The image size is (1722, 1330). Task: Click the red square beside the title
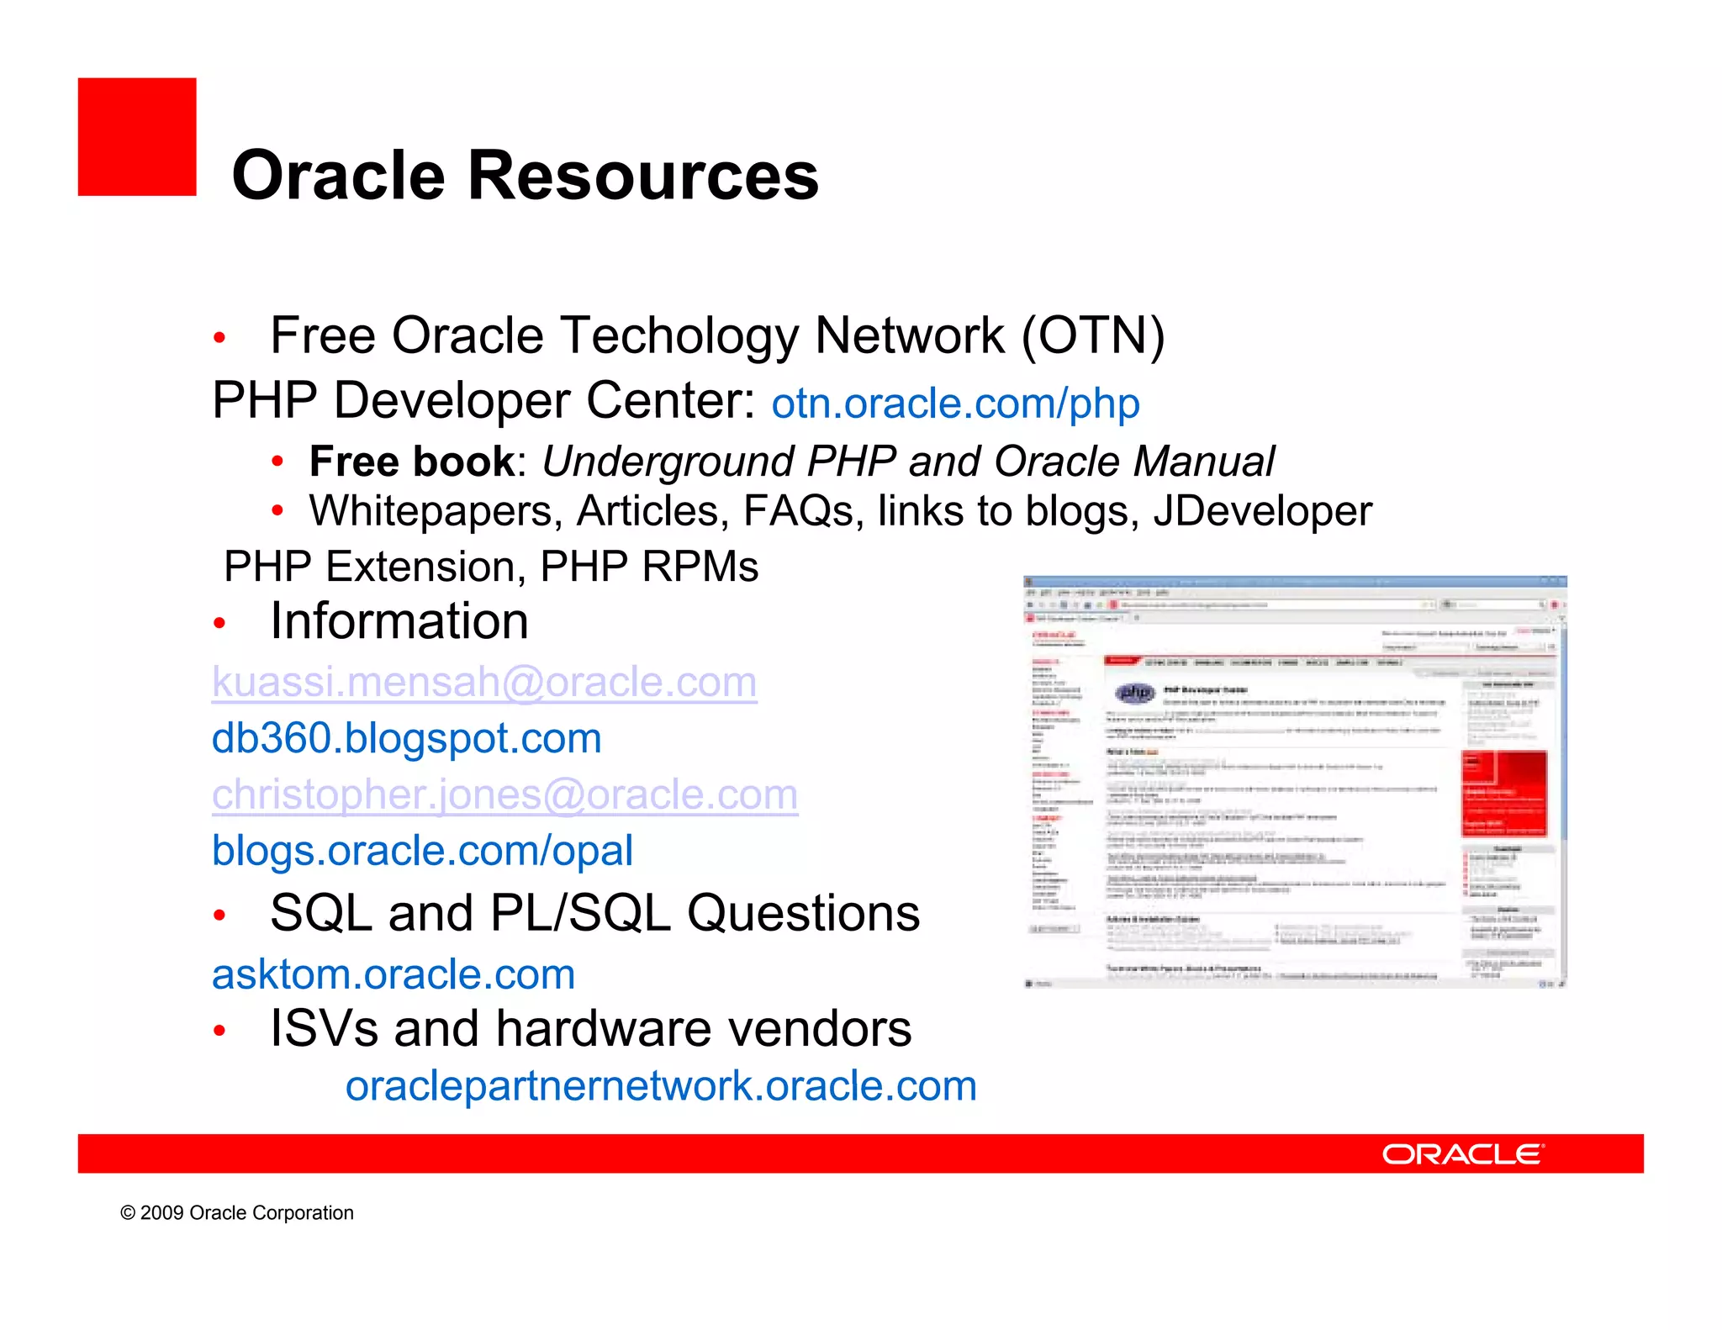click(137, 137)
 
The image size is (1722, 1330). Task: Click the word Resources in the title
click(642, 176)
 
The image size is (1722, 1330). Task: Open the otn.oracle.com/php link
click(955, 404)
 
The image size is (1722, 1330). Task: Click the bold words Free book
click(411, 462)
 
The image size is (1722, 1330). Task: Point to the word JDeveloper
click(1262, 511)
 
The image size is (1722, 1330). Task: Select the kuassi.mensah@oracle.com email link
click(484, 682)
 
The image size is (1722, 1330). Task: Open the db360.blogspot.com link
click(406, 738)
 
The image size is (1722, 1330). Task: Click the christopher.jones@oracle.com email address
click(504, 794)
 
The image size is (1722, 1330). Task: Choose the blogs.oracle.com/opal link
click(422, 851)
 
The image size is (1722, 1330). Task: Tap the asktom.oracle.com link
click(393, 974)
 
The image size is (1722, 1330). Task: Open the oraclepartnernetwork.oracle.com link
click(661, 1086)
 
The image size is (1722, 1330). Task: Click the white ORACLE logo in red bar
click(1462, 1154)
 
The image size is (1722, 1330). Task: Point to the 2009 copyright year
click(161, 1213)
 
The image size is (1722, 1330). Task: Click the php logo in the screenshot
click(1134, 693)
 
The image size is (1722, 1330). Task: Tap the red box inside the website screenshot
click(1504, 793)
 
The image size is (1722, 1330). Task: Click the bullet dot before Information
click(219, 623)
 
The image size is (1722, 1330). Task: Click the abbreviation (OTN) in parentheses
click(1092, 336)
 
